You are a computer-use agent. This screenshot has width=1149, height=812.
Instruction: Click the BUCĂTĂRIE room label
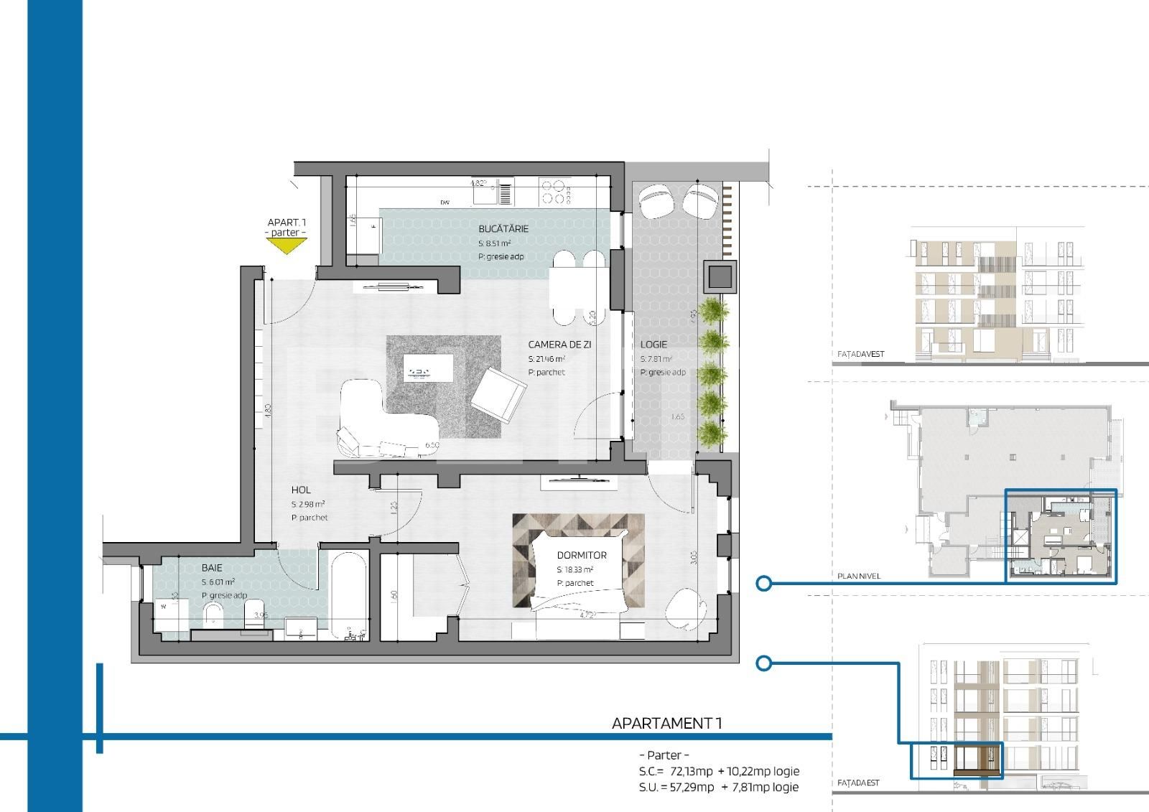click(503, 228)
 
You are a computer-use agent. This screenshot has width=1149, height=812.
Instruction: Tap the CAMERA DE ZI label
click(559, 345)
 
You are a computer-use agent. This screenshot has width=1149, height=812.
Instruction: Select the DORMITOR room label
click(582, 555)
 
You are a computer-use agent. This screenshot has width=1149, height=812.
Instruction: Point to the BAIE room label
click(212, 568)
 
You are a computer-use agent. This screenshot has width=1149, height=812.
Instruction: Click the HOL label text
click(301, 490)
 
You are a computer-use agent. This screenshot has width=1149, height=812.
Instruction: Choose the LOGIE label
click(653, 345)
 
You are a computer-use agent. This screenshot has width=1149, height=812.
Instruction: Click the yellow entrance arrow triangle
click(287, 246)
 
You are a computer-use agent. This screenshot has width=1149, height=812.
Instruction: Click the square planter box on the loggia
click(721, 277)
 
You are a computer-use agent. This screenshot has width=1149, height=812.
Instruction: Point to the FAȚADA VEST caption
click(861, 354)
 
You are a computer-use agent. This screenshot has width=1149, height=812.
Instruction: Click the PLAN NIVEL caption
click(859, 576)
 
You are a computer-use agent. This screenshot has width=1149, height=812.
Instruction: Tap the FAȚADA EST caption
click(858, 783)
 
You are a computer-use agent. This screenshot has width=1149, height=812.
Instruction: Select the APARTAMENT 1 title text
click(666, 723)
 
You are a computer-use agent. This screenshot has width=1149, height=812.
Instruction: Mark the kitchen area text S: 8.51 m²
click(494, 243)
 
